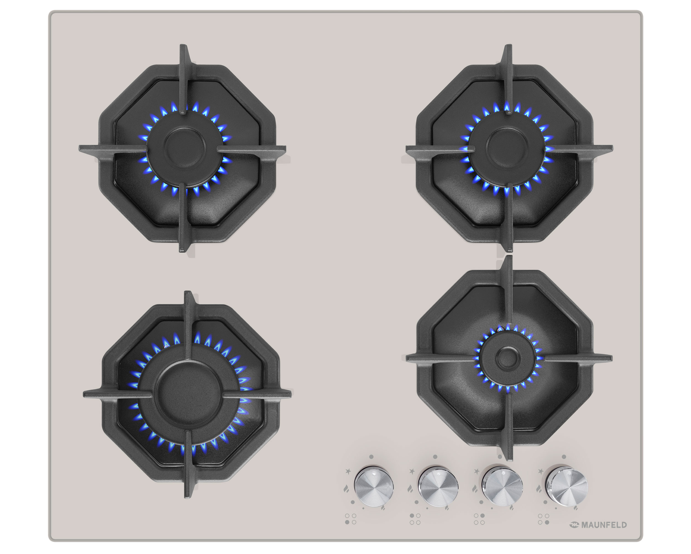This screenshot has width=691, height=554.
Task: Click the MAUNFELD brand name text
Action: [x=603, y=525]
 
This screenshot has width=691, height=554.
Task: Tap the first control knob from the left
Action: [x=373, y=486]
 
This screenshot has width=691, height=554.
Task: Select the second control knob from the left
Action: [x=438, y=487]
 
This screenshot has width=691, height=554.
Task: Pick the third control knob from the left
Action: [x=502, y=487]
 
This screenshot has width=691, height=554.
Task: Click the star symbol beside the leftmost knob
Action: [x=348, y=471]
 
